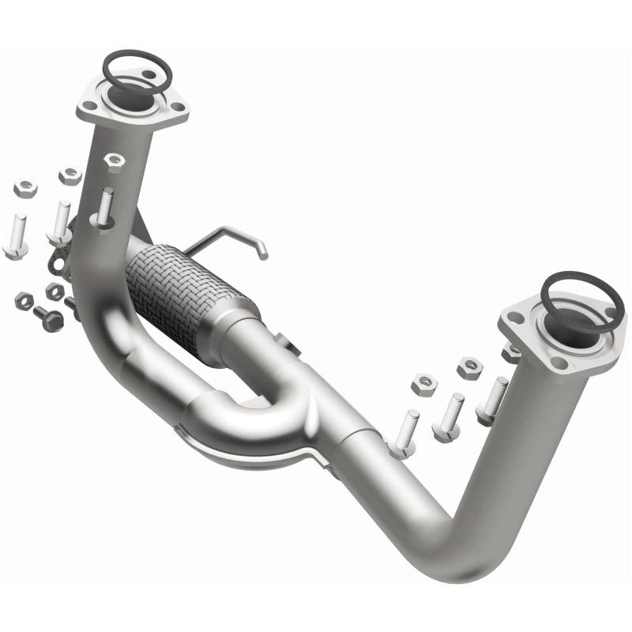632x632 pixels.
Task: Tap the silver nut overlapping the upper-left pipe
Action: [114, 161]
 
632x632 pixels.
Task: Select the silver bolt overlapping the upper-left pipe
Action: [103, 209]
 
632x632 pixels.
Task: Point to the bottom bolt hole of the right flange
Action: [559, 363]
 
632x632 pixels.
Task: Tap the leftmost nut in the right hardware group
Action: [424, 385]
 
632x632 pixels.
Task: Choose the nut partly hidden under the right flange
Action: [511, 353]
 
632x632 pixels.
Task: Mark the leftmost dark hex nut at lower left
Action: [24, 301]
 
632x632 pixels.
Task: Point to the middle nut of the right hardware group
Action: [469, 367]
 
